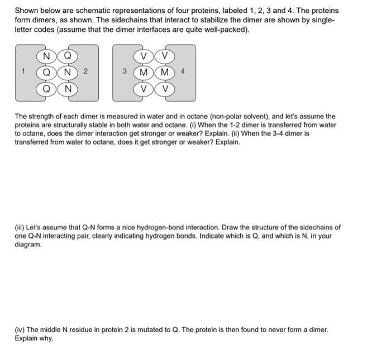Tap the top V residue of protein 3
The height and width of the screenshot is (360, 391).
[144, 56]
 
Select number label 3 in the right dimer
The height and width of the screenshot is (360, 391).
[125, 71]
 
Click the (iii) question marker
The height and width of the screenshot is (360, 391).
[21, 228]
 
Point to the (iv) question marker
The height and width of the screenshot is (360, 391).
[21, 330]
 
